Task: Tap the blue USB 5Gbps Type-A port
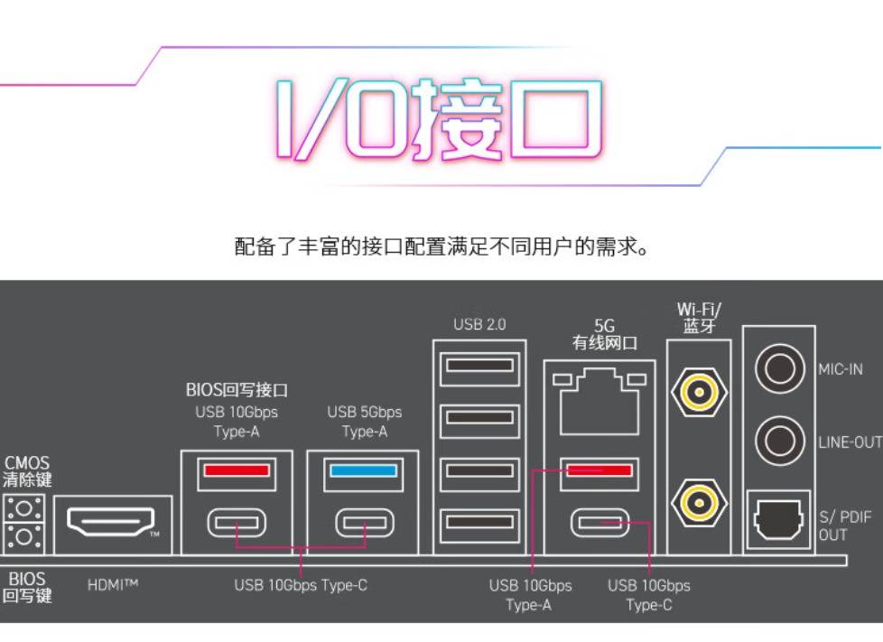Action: coord(363,470)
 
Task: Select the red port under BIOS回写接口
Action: coord(236,470)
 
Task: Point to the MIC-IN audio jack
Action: coord(778,368)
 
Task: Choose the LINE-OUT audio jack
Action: coord(778,442)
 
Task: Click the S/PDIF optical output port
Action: coord(778,518)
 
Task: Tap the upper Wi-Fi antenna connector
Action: coord(698,392)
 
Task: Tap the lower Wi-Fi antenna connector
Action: coord(698,499)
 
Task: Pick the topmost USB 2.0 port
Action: coord(479,366)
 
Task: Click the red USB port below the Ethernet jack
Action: coord(596,470)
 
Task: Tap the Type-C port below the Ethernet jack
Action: coord(596,522)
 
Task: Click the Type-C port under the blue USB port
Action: coord(363,522)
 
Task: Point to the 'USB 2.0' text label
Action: coord(479,324)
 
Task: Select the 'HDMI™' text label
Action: coord(113,585)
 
